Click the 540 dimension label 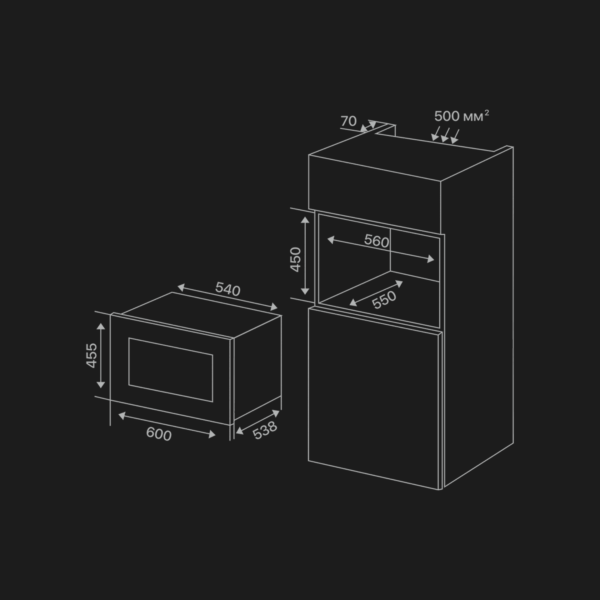[228, 289]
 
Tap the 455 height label [92, 355]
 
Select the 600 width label [159, 434]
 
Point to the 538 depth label [265, 430]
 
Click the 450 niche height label [296, 259]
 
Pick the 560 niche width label [377, 241]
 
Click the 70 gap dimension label [348, 121]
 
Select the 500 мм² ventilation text [461, 116]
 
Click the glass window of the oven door [171, 370]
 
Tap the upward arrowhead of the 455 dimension [101, 327]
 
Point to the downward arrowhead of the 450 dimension [305, 292]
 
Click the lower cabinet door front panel [373, 397]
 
